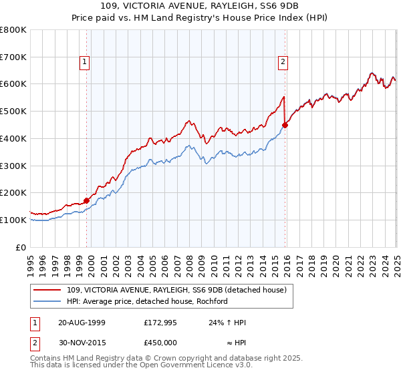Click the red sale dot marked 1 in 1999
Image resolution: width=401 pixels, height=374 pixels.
87,200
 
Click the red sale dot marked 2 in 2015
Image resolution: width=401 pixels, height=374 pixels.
285,124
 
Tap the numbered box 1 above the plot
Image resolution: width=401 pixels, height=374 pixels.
86,62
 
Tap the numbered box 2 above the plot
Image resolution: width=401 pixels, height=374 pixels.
283,62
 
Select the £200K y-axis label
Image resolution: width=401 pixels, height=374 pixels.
13,193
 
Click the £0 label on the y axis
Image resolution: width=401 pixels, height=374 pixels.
21,247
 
